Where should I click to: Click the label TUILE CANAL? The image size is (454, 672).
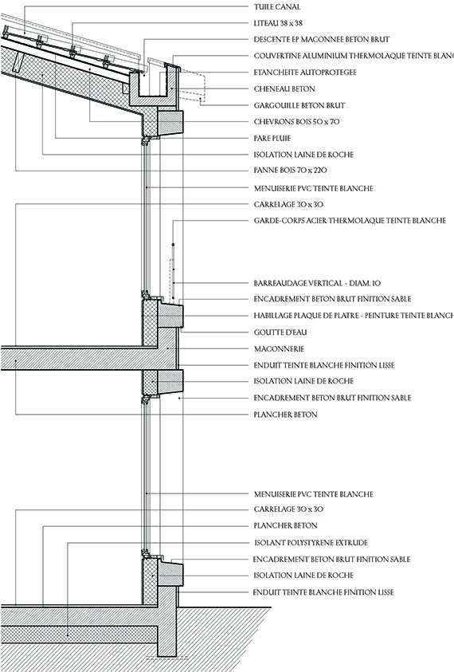point(277,7)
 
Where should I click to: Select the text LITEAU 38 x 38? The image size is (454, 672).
point(278,23)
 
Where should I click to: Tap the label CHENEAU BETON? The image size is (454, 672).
point(284,88)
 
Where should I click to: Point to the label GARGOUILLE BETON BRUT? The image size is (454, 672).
point(299,105)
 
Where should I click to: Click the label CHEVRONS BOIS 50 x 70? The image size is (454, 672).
point(297,122)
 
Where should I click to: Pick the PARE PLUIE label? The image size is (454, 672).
point(272,138)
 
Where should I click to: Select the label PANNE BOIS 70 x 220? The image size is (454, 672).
point(291,170)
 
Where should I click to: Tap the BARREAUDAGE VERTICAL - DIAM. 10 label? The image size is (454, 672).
point(317,283)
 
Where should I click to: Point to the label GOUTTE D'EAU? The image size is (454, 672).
point(280,332)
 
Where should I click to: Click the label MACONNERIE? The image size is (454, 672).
point(279,349)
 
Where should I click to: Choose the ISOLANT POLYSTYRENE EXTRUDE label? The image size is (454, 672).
point(311,543)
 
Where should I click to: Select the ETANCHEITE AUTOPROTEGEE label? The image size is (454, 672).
point(305,73)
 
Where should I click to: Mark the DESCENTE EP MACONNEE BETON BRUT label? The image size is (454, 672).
point(322,39)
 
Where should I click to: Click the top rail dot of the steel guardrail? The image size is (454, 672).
point(173,245)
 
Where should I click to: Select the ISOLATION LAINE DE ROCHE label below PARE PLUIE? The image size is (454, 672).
point(303,155)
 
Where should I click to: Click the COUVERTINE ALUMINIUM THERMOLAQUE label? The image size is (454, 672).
point(354,56)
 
